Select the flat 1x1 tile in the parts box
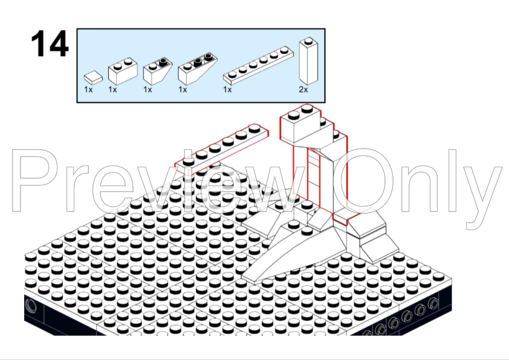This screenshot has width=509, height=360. click(94, 77)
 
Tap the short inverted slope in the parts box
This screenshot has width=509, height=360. click(157, 71)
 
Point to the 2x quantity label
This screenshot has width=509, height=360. click(303, 89)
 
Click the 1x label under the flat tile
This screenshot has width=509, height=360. click(88, 89)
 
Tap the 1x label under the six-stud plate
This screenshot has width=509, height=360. click(227, 89)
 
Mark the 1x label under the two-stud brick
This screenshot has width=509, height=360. click(112, 89)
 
